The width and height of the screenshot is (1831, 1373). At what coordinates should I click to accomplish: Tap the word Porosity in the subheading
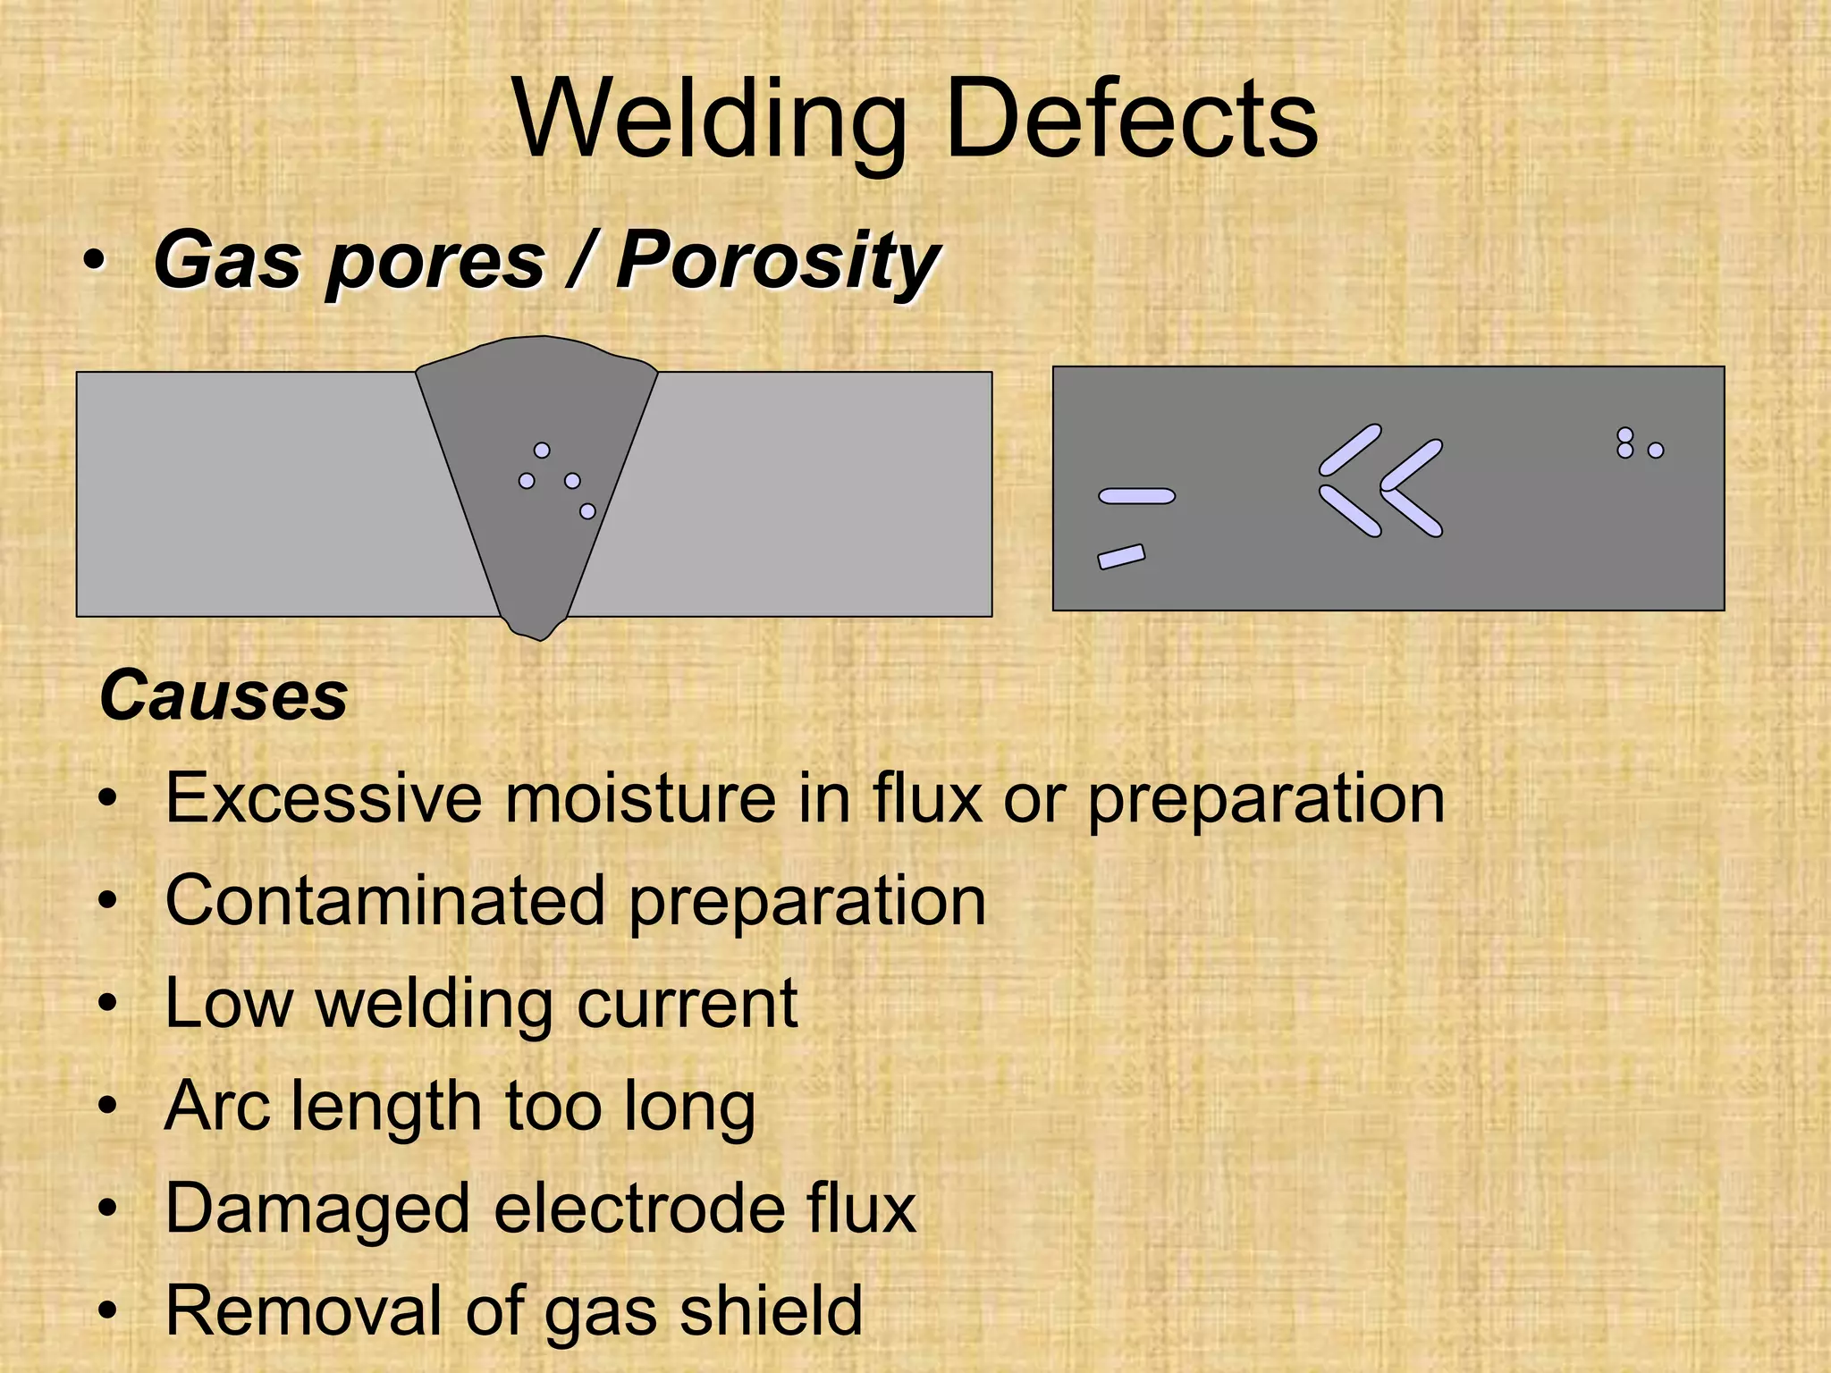pos(777,261)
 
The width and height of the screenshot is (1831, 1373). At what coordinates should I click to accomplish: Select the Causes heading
pos(224,695)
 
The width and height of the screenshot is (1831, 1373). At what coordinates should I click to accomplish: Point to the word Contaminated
pos(385,900)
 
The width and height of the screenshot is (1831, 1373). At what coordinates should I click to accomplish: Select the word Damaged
pos(317,1209)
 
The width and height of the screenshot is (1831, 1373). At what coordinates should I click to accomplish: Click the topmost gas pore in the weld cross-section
pos(542,451)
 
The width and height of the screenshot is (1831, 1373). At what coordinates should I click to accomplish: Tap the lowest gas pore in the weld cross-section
pos(587,511)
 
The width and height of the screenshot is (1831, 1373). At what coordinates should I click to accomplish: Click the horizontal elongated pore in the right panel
pos(1136,496)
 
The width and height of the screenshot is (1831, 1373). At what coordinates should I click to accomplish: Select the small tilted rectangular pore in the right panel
pos(1121,557)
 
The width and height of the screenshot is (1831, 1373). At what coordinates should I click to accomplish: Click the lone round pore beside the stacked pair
pos(1656,451)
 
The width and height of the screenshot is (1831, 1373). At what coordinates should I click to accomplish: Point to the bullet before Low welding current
pos(108,1004)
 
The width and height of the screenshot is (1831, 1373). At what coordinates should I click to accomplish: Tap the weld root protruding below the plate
pos(536,628)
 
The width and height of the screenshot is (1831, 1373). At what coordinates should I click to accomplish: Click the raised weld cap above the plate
pos(536,354)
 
